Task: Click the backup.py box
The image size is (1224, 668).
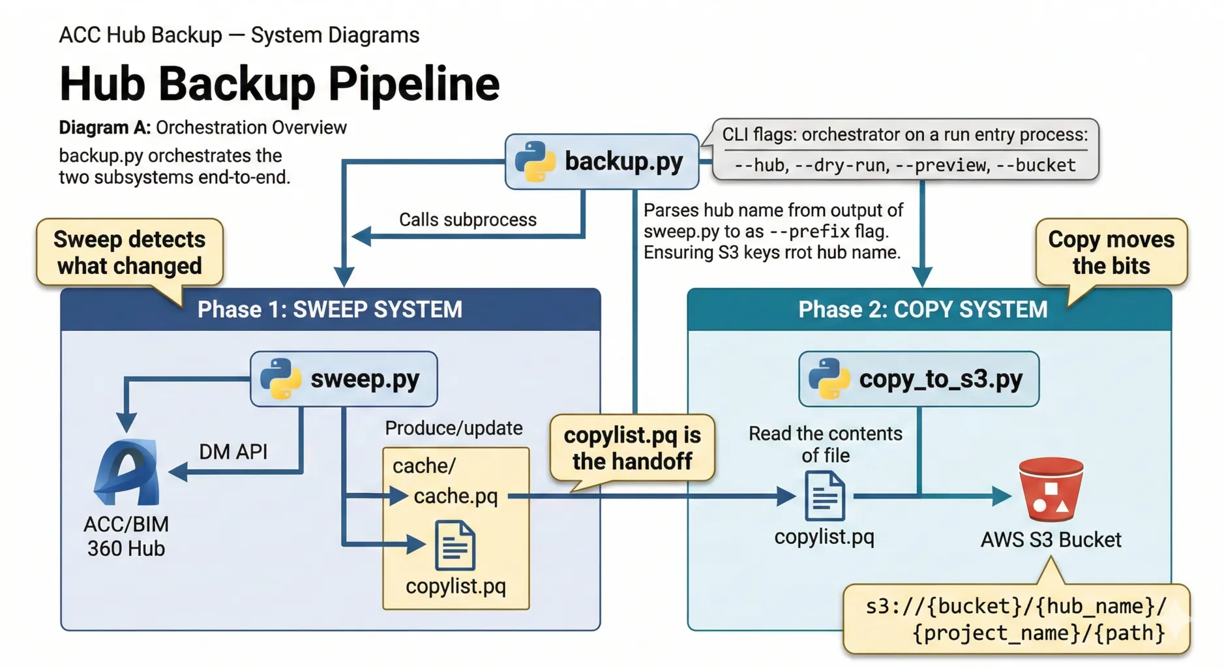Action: pos(601,162)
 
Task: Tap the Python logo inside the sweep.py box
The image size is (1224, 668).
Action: pos(280,378)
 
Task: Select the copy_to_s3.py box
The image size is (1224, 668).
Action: pos(918,378)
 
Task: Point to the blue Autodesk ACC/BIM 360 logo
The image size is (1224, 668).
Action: pos(128,472)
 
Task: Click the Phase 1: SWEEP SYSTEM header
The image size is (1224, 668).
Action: pos(330,309)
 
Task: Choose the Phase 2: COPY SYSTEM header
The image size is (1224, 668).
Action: pos(922,309)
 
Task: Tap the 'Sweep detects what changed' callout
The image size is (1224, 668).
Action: pos(129,252)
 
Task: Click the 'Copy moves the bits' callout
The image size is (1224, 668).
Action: pos(1111,252)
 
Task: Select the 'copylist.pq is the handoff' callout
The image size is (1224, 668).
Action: pos(632,448)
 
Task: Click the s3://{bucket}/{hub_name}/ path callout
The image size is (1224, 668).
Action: pos(1015,619)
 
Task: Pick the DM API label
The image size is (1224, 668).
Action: pos(233,451)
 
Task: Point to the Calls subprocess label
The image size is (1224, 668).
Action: pos(468,220)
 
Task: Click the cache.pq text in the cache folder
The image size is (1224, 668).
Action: pos(455,496)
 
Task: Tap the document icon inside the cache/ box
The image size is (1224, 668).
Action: pos(455,545)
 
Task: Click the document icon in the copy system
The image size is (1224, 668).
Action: pos(825,496)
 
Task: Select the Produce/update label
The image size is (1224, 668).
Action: pos(453,428)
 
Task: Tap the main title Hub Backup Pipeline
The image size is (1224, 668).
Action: pos(279,83)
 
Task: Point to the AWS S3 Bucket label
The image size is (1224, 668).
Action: pos(1051,539)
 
